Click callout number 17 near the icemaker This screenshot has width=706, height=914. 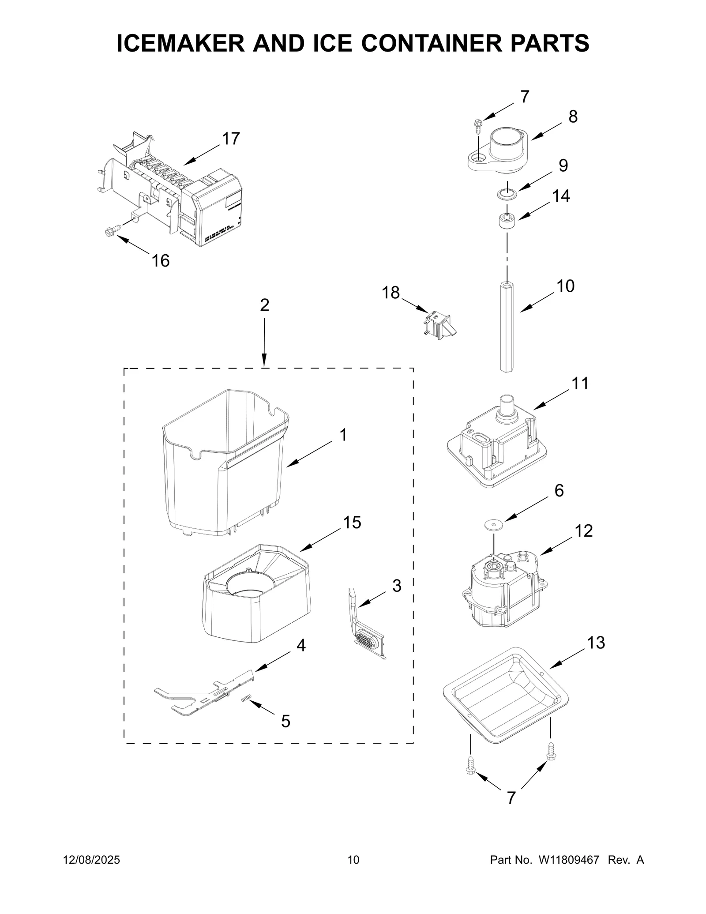[230, 139]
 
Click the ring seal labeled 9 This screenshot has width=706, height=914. [507, 193]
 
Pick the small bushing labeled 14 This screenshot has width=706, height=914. [507, 220]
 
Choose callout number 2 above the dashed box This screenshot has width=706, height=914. [264, 305]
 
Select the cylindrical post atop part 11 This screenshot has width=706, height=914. [507, 405]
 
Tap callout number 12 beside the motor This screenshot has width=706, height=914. [583, 531]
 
